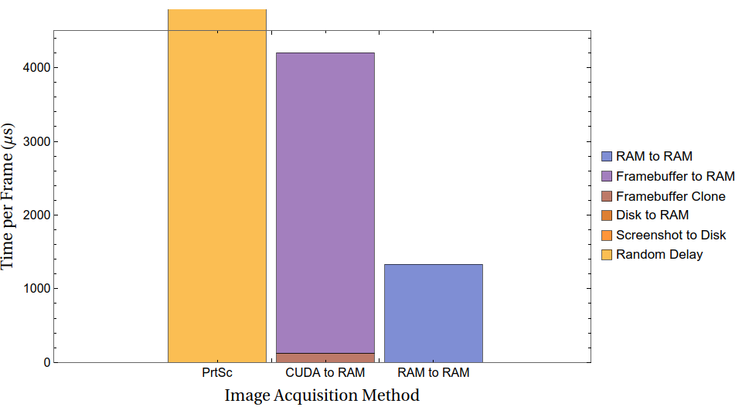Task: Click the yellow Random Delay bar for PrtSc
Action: [x=216, y=185]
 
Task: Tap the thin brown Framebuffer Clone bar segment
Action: [x=325, y=358]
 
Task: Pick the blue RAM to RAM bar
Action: [x=433, y=313]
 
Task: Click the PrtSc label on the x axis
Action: [x=216, y=373]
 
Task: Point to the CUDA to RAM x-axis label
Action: [x=325, y=373]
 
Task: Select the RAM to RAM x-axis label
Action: [x=433, y=373]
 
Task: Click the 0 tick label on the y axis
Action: [x=46, y=362]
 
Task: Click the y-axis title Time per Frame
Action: [x=9, y=196]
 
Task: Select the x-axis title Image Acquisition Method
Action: [x=322, y=395]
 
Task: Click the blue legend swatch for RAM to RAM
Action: [x=607, y=157]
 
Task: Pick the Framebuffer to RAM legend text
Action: [x=675, y=176]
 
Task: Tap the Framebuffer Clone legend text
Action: [x=670, y=196]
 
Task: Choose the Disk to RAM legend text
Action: [x=652, y=215]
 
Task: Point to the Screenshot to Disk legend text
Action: [x=670, y=235]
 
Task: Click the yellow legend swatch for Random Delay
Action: [x=607, y=254]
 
